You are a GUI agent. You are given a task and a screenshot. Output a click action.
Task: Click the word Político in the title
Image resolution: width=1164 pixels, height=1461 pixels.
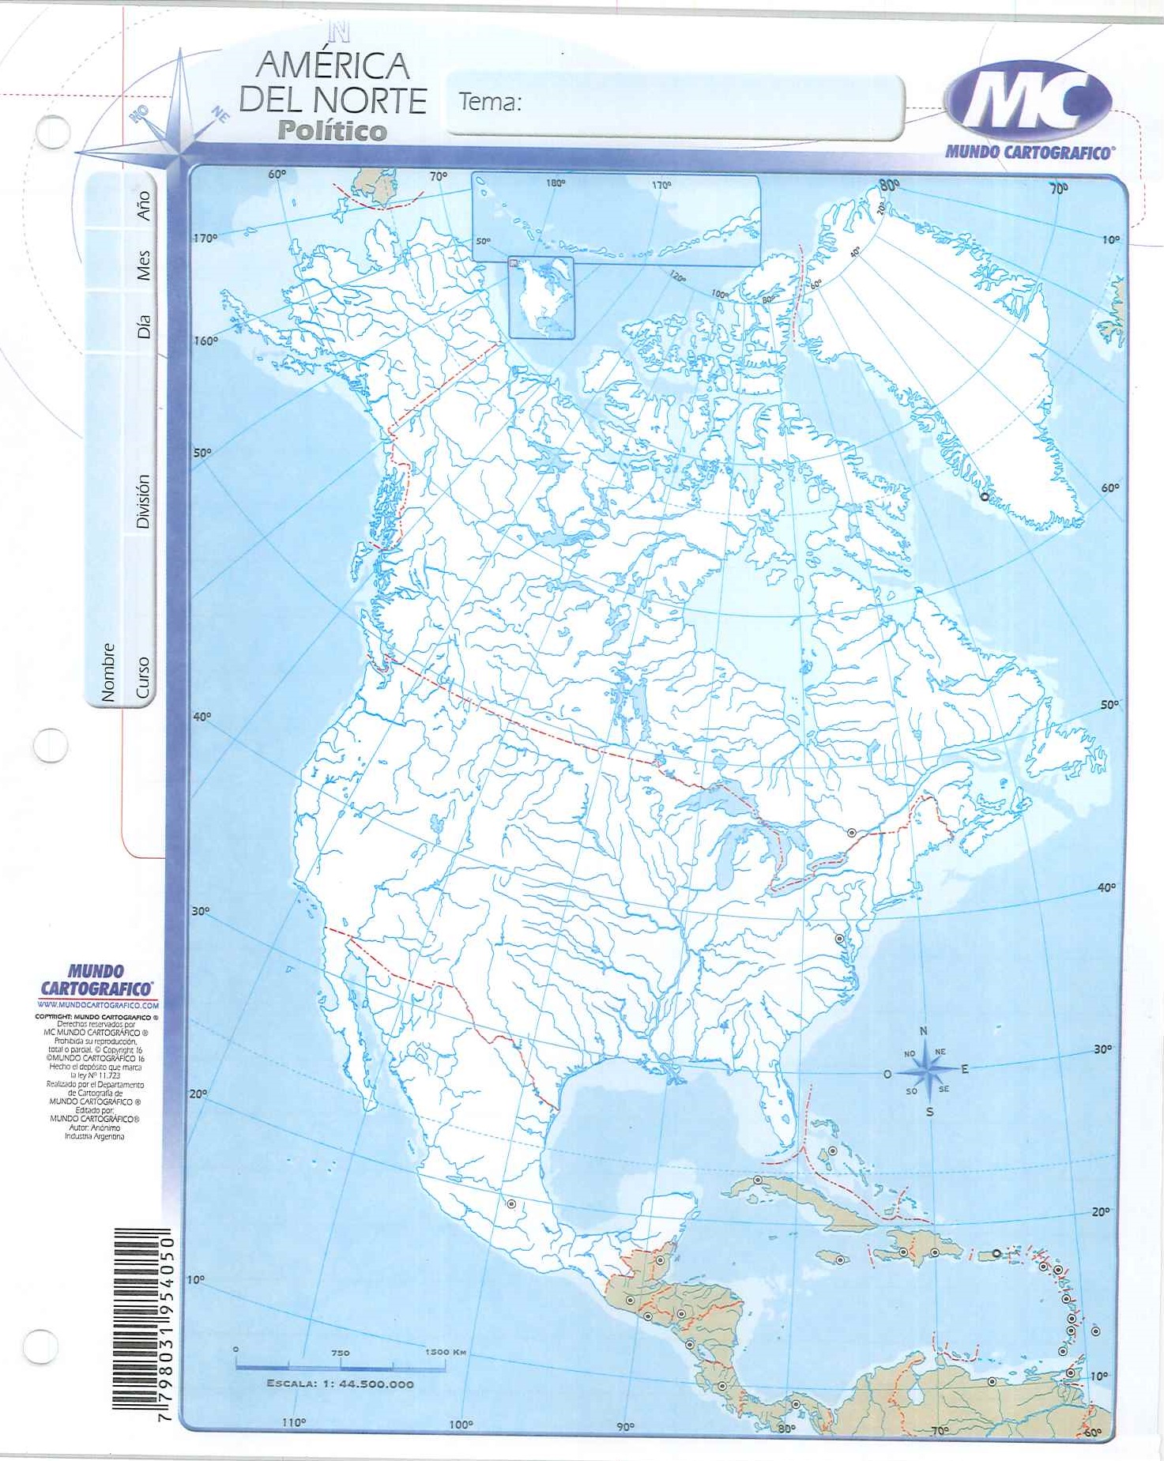click(332, 130)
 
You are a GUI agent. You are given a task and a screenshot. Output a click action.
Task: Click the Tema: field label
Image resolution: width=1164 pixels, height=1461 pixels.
click(490, 102)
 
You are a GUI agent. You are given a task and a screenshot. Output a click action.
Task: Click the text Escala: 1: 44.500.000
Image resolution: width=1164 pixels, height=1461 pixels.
click(340, 1384)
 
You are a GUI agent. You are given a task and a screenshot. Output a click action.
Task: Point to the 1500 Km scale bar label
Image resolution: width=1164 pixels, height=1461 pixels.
click(446, 1352)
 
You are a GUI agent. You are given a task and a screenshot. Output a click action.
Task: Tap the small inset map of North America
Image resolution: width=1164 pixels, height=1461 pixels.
click(541, 298)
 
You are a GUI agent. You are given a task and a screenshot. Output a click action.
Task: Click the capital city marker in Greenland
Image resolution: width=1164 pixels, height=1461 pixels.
click(984, 497)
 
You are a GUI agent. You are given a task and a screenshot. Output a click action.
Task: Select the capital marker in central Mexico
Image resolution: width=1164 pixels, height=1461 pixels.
click(511, 1204)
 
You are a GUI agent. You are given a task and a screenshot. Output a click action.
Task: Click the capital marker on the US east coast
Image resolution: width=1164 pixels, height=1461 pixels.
click(840, 939)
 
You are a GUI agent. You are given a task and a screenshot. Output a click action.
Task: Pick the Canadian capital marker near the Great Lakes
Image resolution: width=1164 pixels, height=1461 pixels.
click(852, 833)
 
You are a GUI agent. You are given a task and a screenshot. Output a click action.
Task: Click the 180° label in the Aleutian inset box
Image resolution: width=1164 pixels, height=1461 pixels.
click(556, 183)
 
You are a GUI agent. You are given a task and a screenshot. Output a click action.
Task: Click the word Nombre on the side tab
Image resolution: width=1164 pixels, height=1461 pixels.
click(108, 672)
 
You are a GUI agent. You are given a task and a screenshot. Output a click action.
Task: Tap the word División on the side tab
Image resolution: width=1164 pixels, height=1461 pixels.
click(142, 501)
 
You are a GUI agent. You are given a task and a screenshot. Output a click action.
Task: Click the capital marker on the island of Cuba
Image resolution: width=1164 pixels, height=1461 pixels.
click(757, 1180)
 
